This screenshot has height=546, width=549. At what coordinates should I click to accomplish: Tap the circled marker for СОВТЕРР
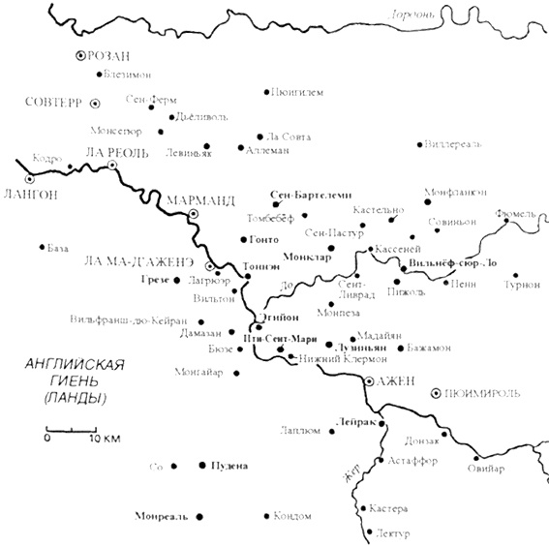[x=95, y=102]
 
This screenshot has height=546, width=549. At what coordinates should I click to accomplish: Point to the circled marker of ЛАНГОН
[x=30, y=178]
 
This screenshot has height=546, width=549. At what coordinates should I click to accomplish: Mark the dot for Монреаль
[x=200, y=516]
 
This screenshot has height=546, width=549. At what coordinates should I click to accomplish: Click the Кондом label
[x=292, y=515]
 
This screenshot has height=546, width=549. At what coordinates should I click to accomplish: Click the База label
[x=58, y=248]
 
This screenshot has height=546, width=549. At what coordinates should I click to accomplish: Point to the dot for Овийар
[x=474, y=457]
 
